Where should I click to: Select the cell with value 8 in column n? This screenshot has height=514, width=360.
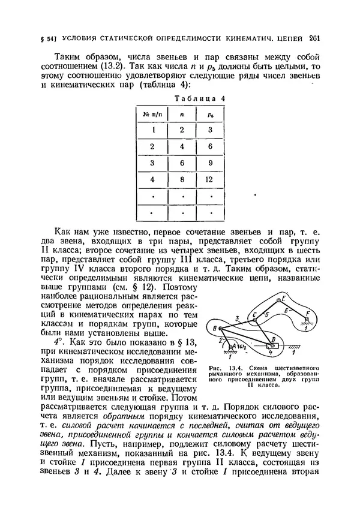tap(181, 179)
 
